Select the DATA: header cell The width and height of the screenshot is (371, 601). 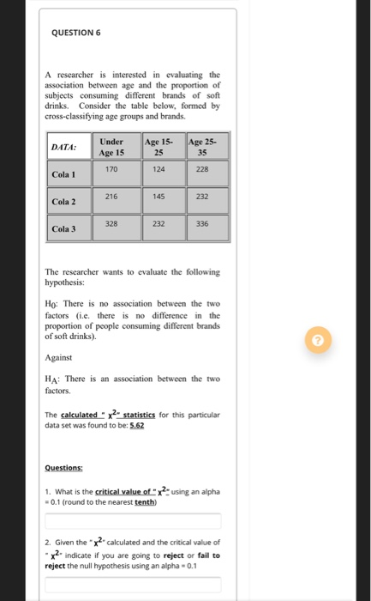coord(68,148)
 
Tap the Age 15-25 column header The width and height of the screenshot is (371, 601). coord(159,147)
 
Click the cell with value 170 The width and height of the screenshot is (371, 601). coord(111,170)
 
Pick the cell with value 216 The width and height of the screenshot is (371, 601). coord(111,197)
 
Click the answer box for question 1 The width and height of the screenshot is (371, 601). coord(133,521)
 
